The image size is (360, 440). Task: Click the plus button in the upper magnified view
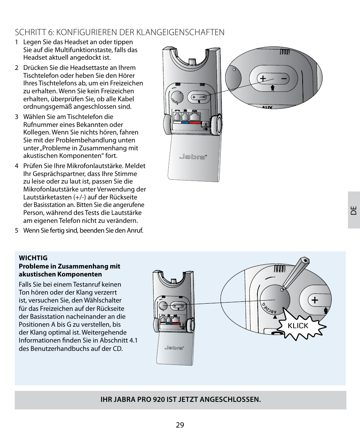pos(262,79)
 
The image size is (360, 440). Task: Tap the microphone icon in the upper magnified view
pos(273,89)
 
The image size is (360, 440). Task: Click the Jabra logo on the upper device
pos(192,156)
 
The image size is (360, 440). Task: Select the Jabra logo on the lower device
pos(174,347)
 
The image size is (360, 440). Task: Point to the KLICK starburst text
pos(298,326)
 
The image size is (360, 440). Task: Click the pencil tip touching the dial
pos(282,289)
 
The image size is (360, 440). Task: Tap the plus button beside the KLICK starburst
pos(314,300)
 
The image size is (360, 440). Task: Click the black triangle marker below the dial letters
pos(275,317)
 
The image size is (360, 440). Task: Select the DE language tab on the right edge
pos(354,210)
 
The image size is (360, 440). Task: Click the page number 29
pos(180,425)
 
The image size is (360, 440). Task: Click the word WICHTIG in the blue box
pos(33,258)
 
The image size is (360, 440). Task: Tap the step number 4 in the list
pos(17,166)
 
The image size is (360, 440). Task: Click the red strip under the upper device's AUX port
pos(195,122)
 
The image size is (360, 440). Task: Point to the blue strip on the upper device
pos(185,122)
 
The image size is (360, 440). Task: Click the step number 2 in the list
pos(17,68)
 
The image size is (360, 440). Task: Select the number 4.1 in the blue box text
pos(133,341)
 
